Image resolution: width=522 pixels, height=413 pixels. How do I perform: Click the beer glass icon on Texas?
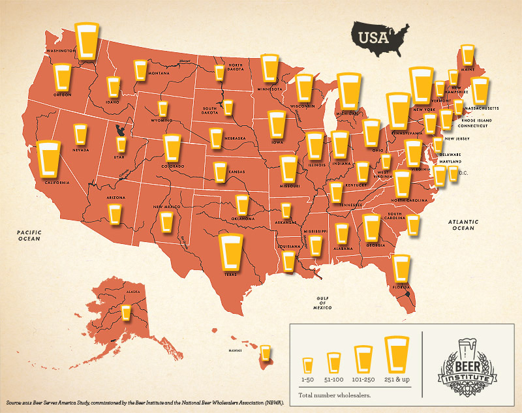230,253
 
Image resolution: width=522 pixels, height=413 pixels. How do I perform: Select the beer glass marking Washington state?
86,41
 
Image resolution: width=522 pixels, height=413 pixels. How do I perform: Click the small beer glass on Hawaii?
265,353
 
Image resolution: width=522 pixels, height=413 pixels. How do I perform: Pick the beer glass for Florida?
401,268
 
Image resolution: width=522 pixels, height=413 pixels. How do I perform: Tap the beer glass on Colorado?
172,148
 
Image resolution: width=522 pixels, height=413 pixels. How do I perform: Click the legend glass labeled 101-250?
363,359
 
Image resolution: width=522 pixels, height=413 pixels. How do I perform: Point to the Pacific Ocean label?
30,235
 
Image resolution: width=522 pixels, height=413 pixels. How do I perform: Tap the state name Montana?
159,73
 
